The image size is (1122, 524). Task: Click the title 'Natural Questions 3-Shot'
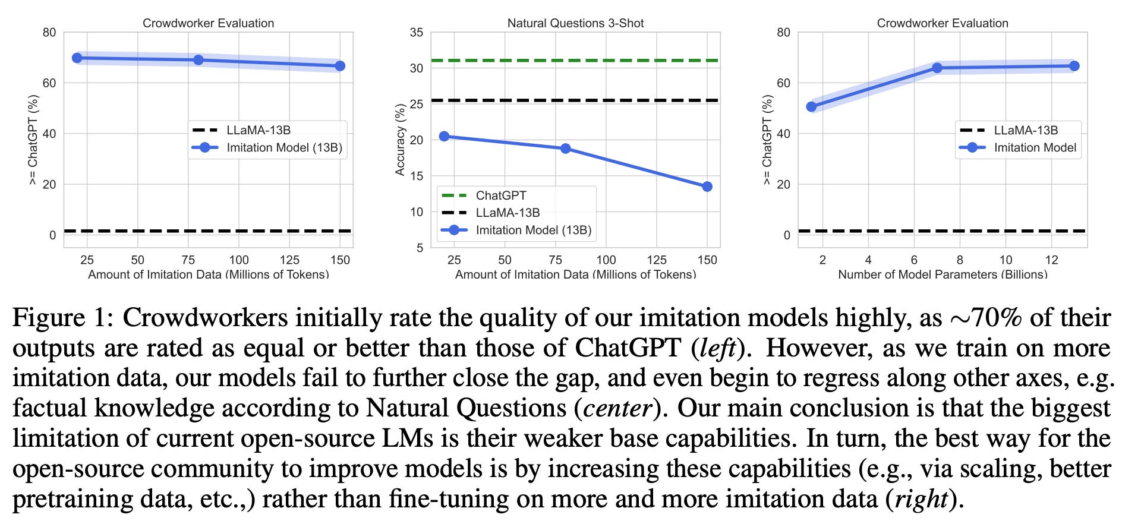(x=575, y=23)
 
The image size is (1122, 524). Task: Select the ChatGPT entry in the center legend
(x=500, y=195)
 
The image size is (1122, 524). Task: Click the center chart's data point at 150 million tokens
(x=707, y=187)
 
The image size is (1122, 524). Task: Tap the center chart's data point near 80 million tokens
(x=565, y=149)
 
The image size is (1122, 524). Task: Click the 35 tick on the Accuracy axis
(x=417, y=33)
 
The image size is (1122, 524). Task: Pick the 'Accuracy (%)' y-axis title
(x=400, y=140)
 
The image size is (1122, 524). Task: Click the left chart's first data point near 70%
(x=77, y=58)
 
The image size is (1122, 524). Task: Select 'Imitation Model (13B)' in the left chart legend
(x=284, y=147)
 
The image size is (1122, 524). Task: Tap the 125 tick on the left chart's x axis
(x=289, y=260)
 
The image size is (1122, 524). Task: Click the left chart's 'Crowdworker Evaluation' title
(x=208, y=23)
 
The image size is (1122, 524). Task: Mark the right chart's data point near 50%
(x=811, y=107)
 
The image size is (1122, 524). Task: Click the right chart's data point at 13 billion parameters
(x=1074, y=66)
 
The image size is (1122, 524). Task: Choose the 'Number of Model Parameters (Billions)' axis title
(x=943, y=274)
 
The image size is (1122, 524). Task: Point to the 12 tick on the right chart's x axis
(x=1051, y=260)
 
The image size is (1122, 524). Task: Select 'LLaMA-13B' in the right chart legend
(x=1026, y=130)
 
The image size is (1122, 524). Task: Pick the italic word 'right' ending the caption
(x=916, y=499)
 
